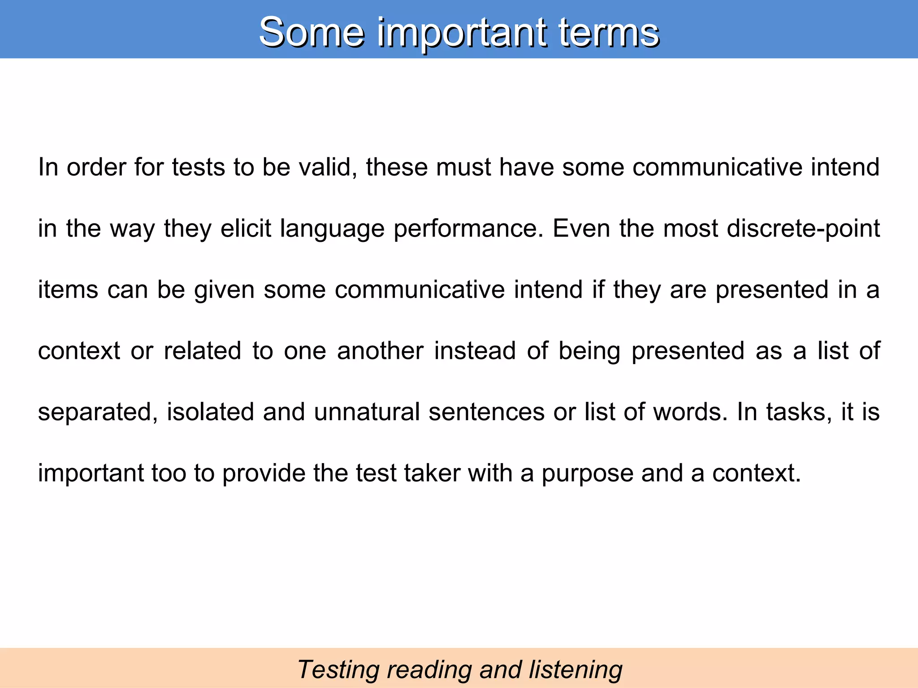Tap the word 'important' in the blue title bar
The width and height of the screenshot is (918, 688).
tap(461, 32)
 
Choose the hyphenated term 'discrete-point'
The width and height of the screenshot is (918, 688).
tap(803, 228)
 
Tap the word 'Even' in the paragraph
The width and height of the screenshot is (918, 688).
tap(581, 228)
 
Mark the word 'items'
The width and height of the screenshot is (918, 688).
tap(68, 289)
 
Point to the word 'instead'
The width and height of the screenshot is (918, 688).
tap(475, 351)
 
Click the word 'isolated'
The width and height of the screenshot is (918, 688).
tap(210, 412)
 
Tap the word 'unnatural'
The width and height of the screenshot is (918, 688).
tap(367, 412)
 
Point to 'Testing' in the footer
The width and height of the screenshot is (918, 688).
tap(338, 670)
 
